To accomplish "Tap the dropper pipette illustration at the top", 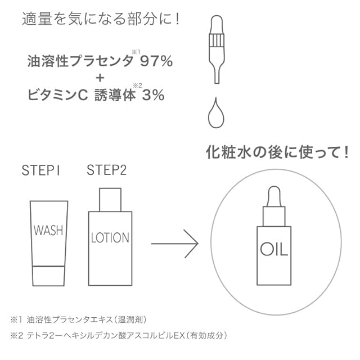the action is click(217, 49).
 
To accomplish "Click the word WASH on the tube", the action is click(48, 230).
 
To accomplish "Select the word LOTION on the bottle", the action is click(110, 237).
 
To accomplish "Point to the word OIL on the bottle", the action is click(274, 249).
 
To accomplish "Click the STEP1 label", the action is click(41, 170).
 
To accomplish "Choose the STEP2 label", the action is click(106, 170).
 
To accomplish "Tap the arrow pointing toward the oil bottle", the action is click(174, 244).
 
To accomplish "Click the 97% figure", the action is click(156, 61).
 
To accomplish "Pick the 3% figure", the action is click(153, 95).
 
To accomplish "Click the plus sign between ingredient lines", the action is click(100, 78).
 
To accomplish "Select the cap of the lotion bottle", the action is click(110, 200).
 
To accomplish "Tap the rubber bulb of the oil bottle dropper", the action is click(274, 196).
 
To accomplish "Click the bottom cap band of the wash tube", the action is click(48, 276).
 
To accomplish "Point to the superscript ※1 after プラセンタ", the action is click(136, 52).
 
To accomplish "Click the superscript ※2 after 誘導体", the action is click(137, 86).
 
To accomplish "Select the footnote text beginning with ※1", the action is click(78, 320).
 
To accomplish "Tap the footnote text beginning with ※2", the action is click(119, 336).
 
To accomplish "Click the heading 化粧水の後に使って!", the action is click(277, 152).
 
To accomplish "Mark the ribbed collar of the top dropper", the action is click(217, 40).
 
